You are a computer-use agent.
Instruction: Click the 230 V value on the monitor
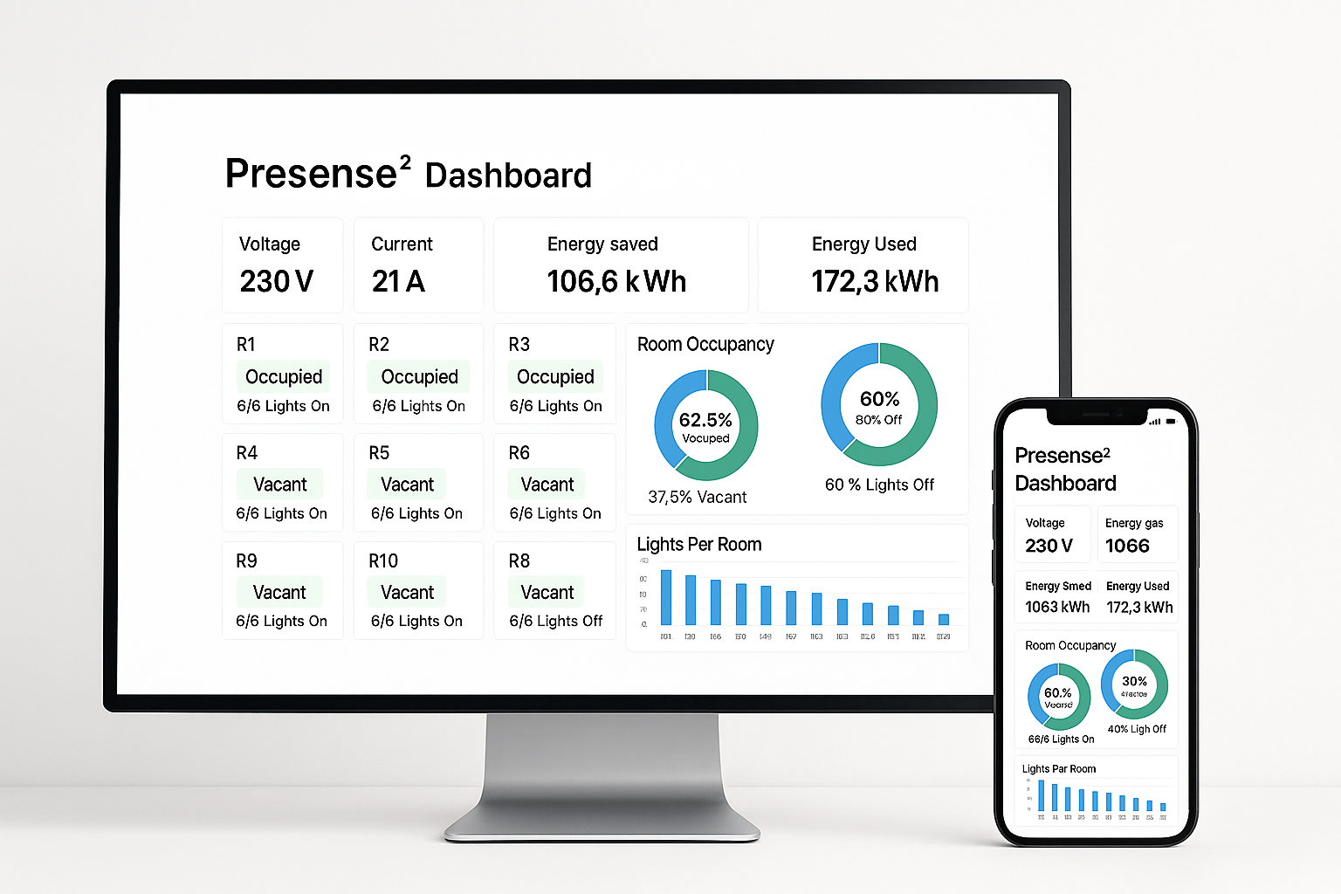(276, 281)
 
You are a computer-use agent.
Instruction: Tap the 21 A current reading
(398, 281)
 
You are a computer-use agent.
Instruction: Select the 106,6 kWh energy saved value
(616, 281)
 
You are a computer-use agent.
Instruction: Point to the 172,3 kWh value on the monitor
(875, 281)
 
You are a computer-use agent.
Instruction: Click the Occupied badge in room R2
(419, 376)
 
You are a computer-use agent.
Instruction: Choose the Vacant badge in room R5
(407, 485)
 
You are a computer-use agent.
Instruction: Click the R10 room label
(383, 561)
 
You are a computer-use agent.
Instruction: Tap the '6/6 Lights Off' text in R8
(556, 621)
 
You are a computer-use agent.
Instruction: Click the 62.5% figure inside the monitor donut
(705, 420)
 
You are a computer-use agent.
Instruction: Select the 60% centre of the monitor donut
(879, 399)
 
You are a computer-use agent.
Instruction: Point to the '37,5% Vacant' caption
(697, 497)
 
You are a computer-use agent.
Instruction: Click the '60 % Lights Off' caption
(879, 485)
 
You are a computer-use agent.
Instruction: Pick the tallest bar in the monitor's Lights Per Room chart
(666, 597)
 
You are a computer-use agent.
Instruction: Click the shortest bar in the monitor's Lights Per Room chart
(944, 620)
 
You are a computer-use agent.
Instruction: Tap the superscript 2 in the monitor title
(405, 162)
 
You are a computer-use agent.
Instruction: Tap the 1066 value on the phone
(1127, 546)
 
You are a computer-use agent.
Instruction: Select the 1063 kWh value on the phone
(1057, 607)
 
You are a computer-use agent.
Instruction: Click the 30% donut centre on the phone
(1134, 681)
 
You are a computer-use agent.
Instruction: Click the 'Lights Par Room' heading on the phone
(1059, 769)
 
